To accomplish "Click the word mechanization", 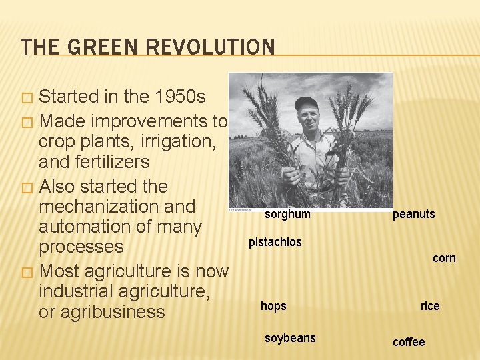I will point(117,206).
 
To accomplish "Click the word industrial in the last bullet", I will point(79,291).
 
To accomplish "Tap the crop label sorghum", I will point(287,214).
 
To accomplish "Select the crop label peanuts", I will point(413,214).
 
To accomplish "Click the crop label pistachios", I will point(275,242).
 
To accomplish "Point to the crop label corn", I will point(444,258).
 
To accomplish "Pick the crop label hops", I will point(273,306).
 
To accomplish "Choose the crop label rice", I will point(430,306).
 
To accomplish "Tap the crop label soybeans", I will point(290,338).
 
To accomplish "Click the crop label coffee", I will point(409,342).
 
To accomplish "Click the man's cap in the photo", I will point(307,103).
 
